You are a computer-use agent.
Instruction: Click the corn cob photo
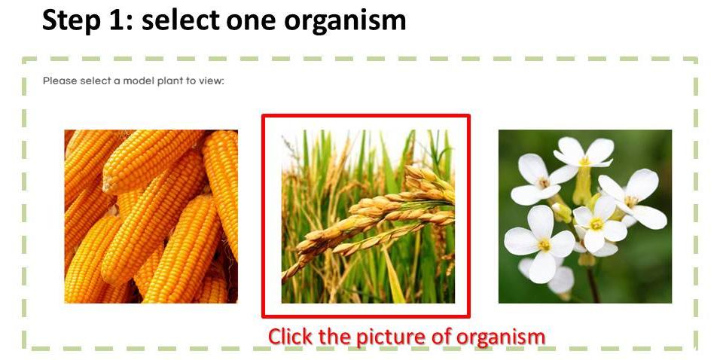click(x=151, y=216)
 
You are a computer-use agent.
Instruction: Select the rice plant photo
click(x=368, y=216)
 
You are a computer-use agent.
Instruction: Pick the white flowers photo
click(x=585, y=216)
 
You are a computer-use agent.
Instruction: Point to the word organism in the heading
click(x=345, y=22)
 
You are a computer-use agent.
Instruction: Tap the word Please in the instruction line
click(x=60, y=81)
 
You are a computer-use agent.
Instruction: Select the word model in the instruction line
click(x=138, y=81)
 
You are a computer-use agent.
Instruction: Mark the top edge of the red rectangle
click(x=366, y=116)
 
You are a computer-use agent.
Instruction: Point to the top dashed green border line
click(x=360, y=59)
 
